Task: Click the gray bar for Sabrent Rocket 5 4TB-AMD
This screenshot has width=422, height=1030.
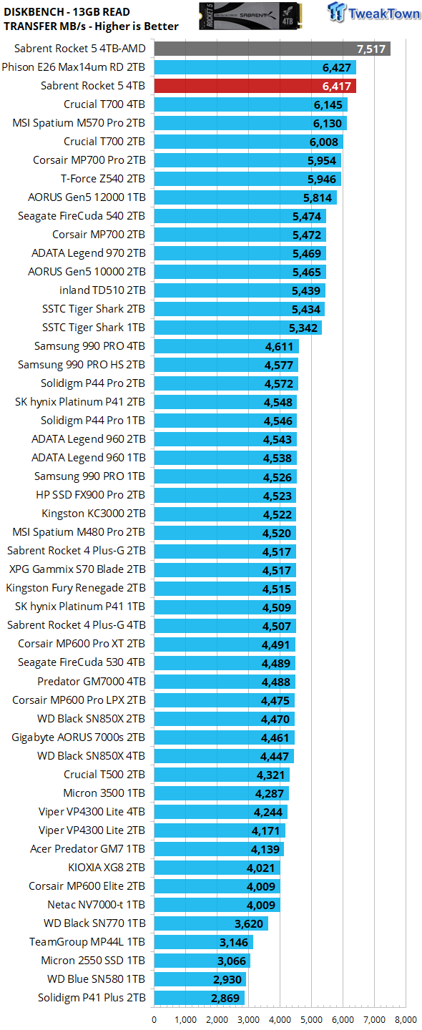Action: coord(272,49)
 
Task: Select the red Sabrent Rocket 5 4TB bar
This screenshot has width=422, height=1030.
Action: coord(255,86)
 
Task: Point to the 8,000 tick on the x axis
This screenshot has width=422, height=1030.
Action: coord(406,1019)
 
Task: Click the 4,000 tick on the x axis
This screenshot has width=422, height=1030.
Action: coord(280,1019)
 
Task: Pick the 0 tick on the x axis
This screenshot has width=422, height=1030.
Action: coord(154,1019)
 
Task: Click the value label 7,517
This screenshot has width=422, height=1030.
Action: coord(371,49)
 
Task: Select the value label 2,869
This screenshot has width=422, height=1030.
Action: coord(225,998)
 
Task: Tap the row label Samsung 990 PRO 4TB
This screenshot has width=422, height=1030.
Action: coord(89,346)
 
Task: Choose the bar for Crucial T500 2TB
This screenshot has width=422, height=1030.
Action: coord(222,775)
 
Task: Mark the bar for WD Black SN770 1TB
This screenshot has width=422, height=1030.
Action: coord(211,923)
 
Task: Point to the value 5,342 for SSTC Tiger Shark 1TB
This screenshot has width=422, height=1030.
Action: coord(303,328)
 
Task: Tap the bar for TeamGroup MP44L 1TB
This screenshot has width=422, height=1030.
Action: coord(203,942)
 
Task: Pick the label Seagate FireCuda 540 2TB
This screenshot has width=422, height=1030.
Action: coord(82,216)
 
